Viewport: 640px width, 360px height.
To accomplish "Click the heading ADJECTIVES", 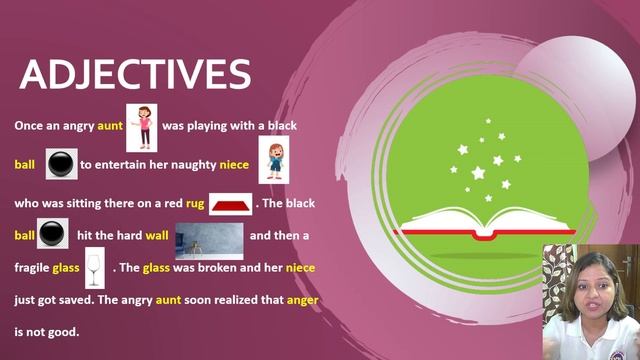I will pos(135,75).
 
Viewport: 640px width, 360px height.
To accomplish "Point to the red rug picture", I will pos(230,204).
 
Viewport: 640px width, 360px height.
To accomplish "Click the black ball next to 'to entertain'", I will pos(62,163).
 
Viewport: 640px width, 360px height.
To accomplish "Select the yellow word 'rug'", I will pos(195,203).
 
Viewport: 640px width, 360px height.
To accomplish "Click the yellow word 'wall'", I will pos(157,236).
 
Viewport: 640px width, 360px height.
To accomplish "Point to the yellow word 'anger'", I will pos(302,299).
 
